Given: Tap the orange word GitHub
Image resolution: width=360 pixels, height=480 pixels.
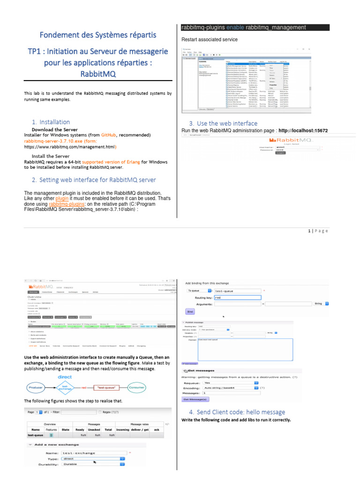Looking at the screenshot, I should (x=109, y=135).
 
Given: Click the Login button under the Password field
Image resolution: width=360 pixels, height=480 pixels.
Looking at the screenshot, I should (x=280, y=153).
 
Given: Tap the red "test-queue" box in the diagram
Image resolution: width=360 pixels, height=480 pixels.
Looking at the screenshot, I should (x=107, y=388).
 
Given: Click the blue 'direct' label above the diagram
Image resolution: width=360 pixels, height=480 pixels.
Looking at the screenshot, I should (x=64, y=376).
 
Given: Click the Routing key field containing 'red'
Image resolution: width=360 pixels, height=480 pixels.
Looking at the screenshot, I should (x=237, y=297).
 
